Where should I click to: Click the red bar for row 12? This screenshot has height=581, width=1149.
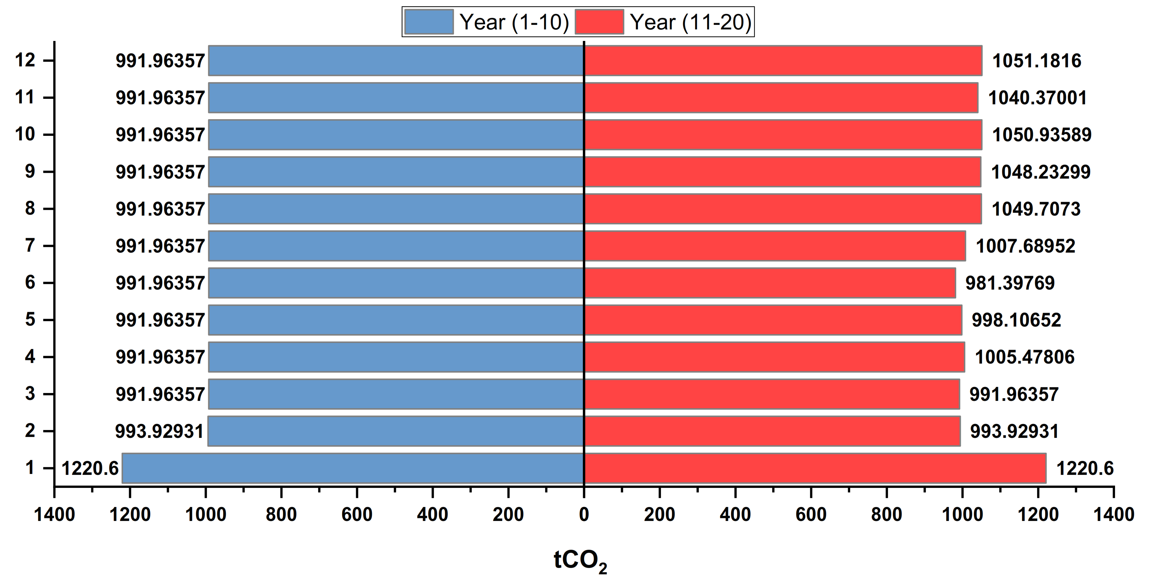pyautogui.click(x=783, y=61)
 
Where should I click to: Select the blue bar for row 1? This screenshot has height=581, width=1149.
pyautogui.click(x=352, y=468)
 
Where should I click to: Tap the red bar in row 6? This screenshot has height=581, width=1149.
pyautogui.click(x=770, y=283)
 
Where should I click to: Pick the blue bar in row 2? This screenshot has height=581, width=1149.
pyautogui.click(x=396, y=431)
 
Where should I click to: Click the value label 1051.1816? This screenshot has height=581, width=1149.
pyautogui.click(x=1037, y=61)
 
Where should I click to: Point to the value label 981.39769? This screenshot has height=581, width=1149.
pyautogui.click(x=1010, y=283)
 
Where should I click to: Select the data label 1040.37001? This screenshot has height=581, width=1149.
pyautogui.click(x=1037, y=98)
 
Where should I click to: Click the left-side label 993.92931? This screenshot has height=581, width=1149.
pyautogui.click(x=159, y=431)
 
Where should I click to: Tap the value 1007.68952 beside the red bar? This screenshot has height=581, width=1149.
pyautogui.click(x=1025, y=246)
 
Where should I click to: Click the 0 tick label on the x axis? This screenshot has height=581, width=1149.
pyautogui.click(x=584, y=515)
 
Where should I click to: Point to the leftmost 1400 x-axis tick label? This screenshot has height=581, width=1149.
pyautogui.click(x=55, y=515)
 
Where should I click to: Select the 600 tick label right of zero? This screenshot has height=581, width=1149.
pyautogui.click(x=811, y=515)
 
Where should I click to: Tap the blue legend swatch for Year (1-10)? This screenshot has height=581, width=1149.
pyautogui.click(x=429, y=22)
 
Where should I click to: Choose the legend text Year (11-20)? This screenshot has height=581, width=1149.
pyautogui.click(x=690, y=22)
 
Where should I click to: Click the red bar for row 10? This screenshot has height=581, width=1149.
pyautogui.click(x=783, y=135)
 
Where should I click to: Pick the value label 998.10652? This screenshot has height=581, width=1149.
pyautogui.click(x=1016, y=320)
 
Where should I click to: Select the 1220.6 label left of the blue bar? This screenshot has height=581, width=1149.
pyautogui.click(x=90, y=468)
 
